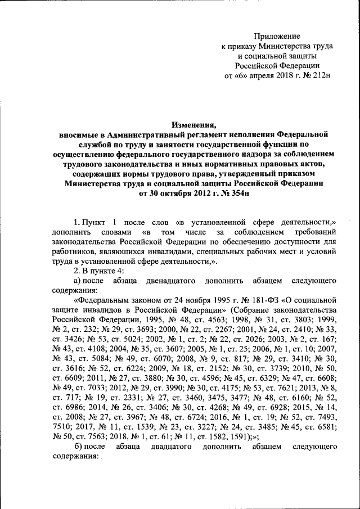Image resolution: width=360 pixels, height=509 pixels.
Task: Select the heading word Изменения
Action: click(x=193, y=125)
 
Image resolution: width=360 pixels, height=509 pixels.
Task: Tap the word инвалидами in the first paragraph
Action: click(x=171, y=252)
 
